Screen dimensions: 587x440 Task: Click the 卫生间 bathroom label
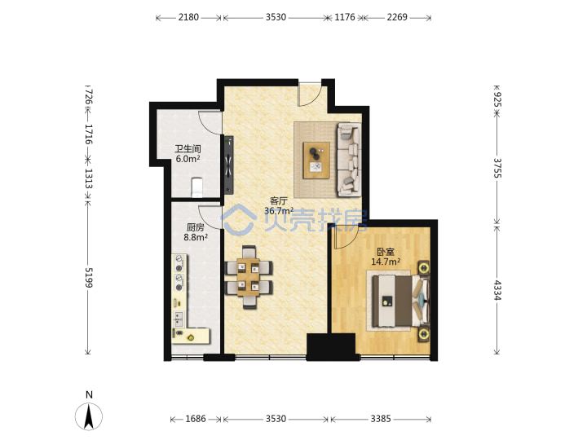point(188,149)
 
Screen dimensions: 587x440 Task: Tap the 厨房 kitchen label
point(196,227)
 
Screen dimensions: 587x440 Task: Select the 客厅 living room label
point(279,201)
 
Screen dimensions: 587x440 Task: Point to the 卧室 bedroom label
point(385,252)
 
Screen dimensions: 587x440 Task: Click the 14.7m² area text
point(386,262)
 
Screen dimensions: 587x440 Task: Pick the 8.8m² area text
point(196,237)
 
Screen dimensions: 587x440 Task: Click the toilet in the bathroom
point(197,187)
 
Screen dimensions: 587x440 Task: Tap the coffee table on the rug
point(316,161)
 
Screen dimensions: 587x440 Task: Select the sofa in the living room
point(349,160)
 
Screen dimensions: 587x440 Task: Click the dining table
point(248,277)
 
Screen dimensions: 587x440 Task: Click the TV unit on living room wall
point(229,165)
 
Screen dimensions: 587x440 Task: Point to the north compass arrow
point(89,416)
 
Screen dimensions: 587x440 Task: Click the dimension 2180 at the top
point(188,17)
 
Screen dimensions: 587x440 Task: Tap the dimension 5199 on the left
point(89,278)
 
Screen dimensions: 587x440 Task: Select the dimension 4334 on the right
point(497,290)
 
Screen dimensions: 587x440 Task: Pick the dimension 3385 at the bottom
point(381,419)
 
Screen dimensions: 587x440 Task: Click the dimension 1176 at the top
point(344,17)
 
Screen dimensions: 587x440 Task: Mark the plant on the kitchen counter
point(191,338)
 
